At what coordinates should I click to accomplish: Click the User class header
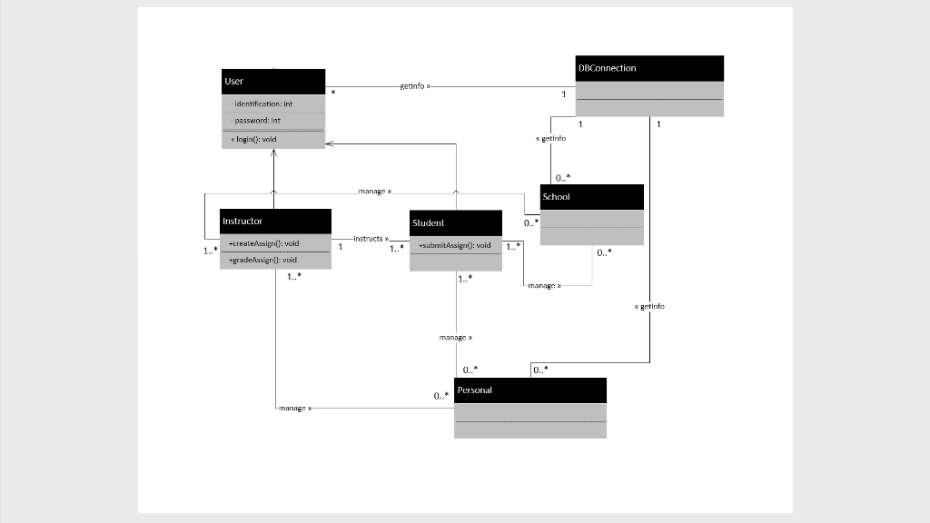[273, 82]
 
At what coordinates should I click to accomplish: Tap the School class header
[591, 197]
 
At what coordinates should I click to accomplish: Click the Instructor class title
[275, 221]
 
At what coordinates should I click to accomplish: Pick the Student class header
[455, 222]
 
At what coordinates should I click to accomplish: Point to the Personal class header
[529, 390]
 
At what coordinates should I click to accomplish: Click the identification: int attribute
[263, 104]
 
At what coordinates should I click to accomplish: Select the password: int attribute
[257, 120]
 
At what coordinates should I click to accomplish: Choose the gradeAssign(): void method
[262, 260]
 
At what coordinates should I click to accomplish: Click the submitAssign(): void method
[454, 245]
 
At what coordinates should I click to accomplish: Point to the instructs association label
[371, 238]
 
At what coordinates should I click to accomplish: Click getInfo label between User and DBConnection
[415, 86]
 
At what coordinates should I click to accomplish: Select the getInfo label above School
[550, 138]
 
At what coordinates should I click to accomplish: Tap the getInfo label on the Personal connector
[649, 307]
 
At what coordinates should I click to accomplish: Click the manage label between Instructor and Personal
[295, 409]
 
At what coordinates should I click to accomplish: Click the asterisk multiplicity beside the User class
[333, 94]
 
